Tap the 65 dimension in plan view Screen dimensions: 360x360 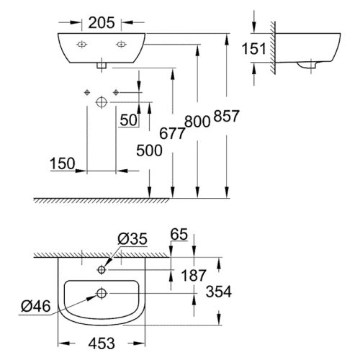[x=180, y=235]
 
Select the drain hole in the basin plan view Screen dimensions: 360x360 [x=101, y=293]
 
